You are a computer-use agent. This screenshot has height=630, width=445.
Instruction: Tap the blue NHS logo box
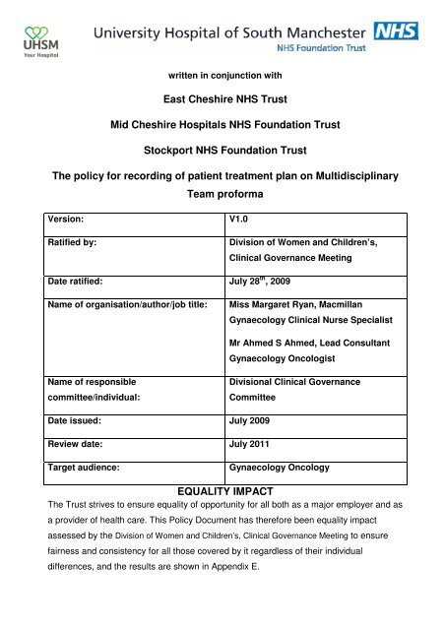(396, 30)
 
